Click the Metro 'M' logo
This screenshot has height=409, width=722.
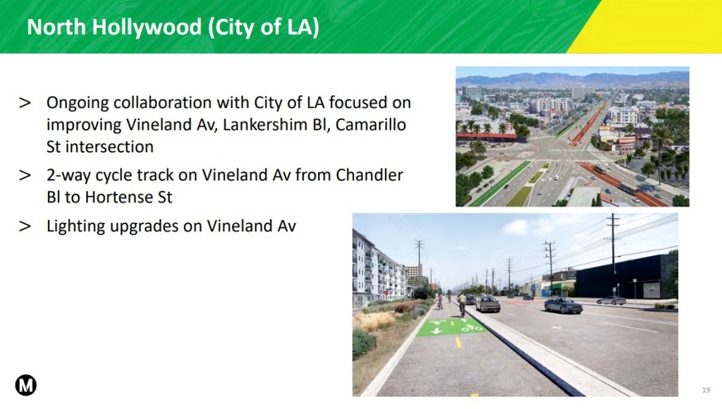pos(26,385)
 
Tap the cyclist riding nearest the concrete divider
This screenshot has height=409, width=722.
pos(463,304)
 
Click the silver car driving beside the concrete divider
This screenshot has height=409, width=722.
pos(488,304)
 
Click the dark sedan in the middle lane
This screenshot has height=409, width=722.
pos(563,305)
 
